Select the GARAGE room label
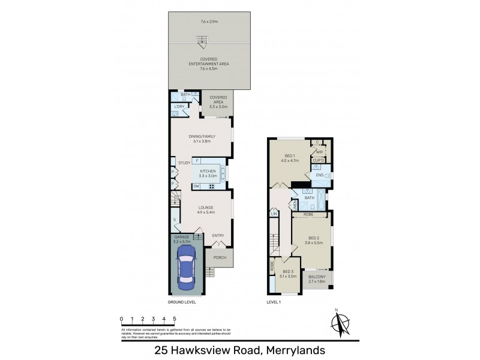[181, 237]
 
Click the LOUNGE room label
[206, 208]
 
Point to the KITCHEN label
[207, 171]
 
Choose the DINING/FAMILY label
[201, 137]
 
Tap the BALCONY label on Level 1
[316, 277]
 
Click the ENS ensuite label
[319, 175]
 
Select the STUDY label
[184, 163]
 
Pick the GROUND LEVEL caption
[182, 302]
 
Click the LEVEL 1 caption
[274, 302]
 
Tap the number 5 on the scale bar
[174, 319]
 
